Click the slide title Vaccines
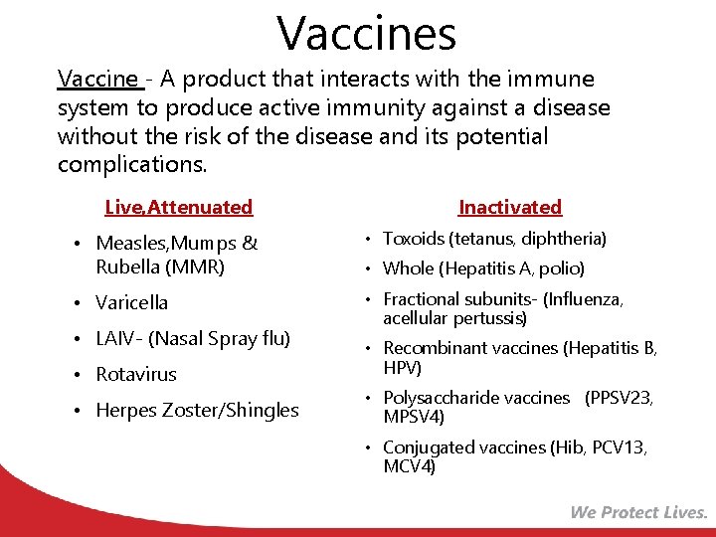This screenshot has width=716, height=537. click(x=367, y=32)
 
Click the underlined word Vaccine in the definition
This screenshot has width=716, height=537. click(x=97, y=79)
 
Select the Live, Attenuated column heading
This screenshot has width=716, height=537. click(x=179, y=207)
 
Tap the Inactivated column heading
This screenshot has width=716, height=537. click(x=510, y=207)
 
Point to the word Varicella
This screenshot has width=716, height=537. click(x=131, y=302)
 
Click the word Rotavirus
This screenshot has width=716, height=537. click(x=135, y=374)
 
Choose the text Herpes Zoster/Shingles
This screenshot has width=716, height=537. click(x=197, y=410)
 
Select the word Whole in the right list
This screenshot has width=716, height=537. click(x=408, y=268)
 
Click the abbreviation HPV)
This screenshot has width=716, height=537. click(x=403, y=368)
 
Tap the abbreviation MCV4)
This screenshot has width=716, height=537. click(x=410, y=466)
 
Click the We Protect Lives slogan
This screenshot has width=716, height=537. click(x=638, y=512)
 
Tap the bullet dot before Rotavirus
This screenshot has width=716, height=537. click(x=77, y=374)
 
